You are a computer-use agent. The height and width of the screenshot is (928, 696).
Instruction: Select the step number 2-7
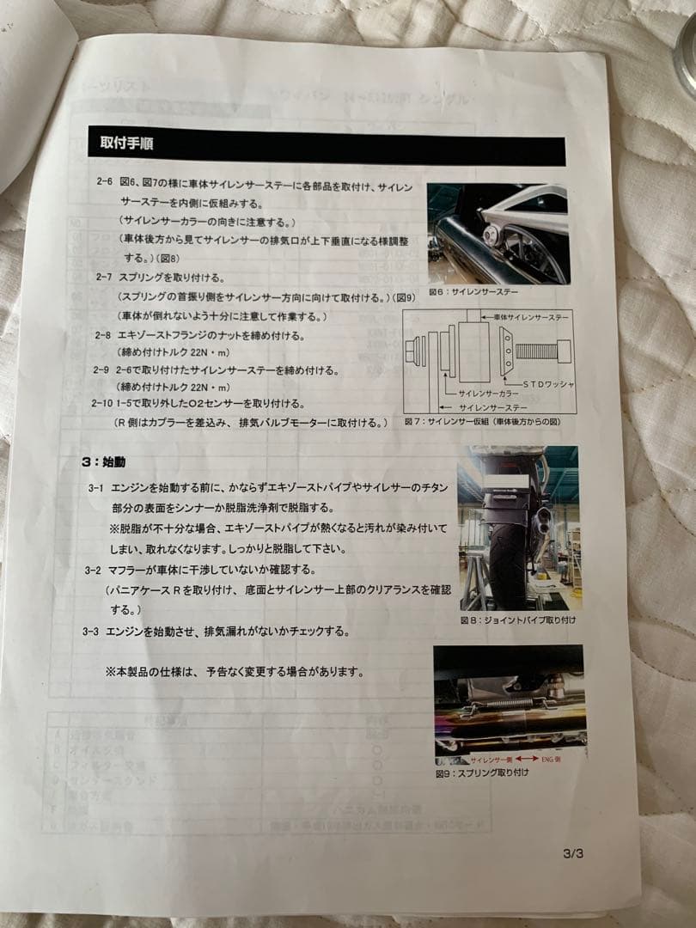(102, 277)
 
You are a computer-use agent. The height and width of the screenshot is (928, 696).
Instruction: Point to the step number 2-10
(101, 402)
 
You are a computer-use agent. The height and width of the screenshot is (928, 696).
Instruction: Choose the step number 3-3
(91, 631)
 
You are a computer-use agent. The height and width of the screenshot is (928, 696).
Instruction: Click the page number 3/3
(573, 853)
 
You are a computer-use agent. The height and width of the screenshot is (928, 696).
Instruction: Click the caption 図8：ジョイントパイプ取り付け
(517, 620)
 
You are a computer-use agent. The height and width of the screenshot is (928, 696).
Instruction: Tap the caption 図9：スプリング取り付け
(482, 772)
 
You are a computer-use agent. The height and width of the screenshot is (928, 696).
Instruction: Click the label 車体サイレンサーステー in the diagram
(533, 318)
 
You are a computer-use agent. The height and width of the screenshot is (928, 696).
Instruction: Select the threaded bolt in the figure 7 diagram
(538, 351)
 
